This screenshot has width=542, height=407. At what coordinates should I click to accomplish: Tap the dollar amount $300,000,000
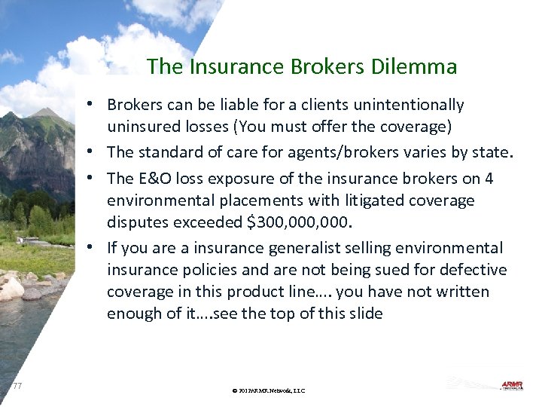click(x=303, y=222)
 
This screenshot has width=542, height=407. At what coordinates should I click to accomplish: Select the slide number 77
click(x=17, y=386)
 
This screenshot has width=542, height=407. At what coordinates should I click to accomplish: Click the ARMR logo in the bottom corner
click(x=511, y=385)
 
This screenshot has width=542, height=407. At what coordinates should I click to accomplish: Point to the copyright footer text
click(x=269, y=390)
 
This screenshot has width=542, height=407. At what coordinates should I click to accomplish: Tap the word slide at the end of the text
click(x=365, y=314)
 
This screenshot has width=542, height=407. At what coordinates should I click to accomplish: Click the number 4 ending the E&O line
click(x=489, y=178)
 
